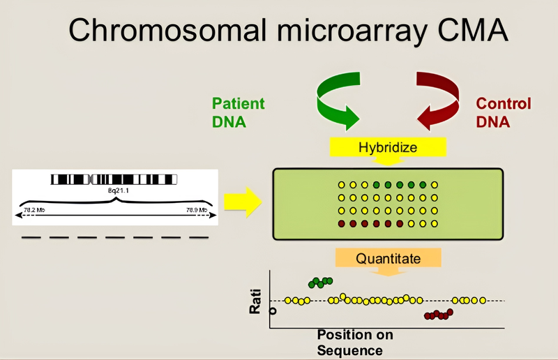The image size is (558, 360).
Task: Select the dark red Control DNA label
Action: pyautogui.click(x=504, y=112)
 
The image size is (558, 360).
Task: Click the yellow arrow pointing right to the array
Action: pyautogui.click(x=242, y=202)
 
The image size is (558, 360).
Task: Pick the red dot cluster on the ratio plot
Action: pyautogui.click(x=437, y=315)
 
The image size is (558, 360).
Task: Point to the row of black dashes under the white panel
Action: pyautogui.click(x=115, y=237)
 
